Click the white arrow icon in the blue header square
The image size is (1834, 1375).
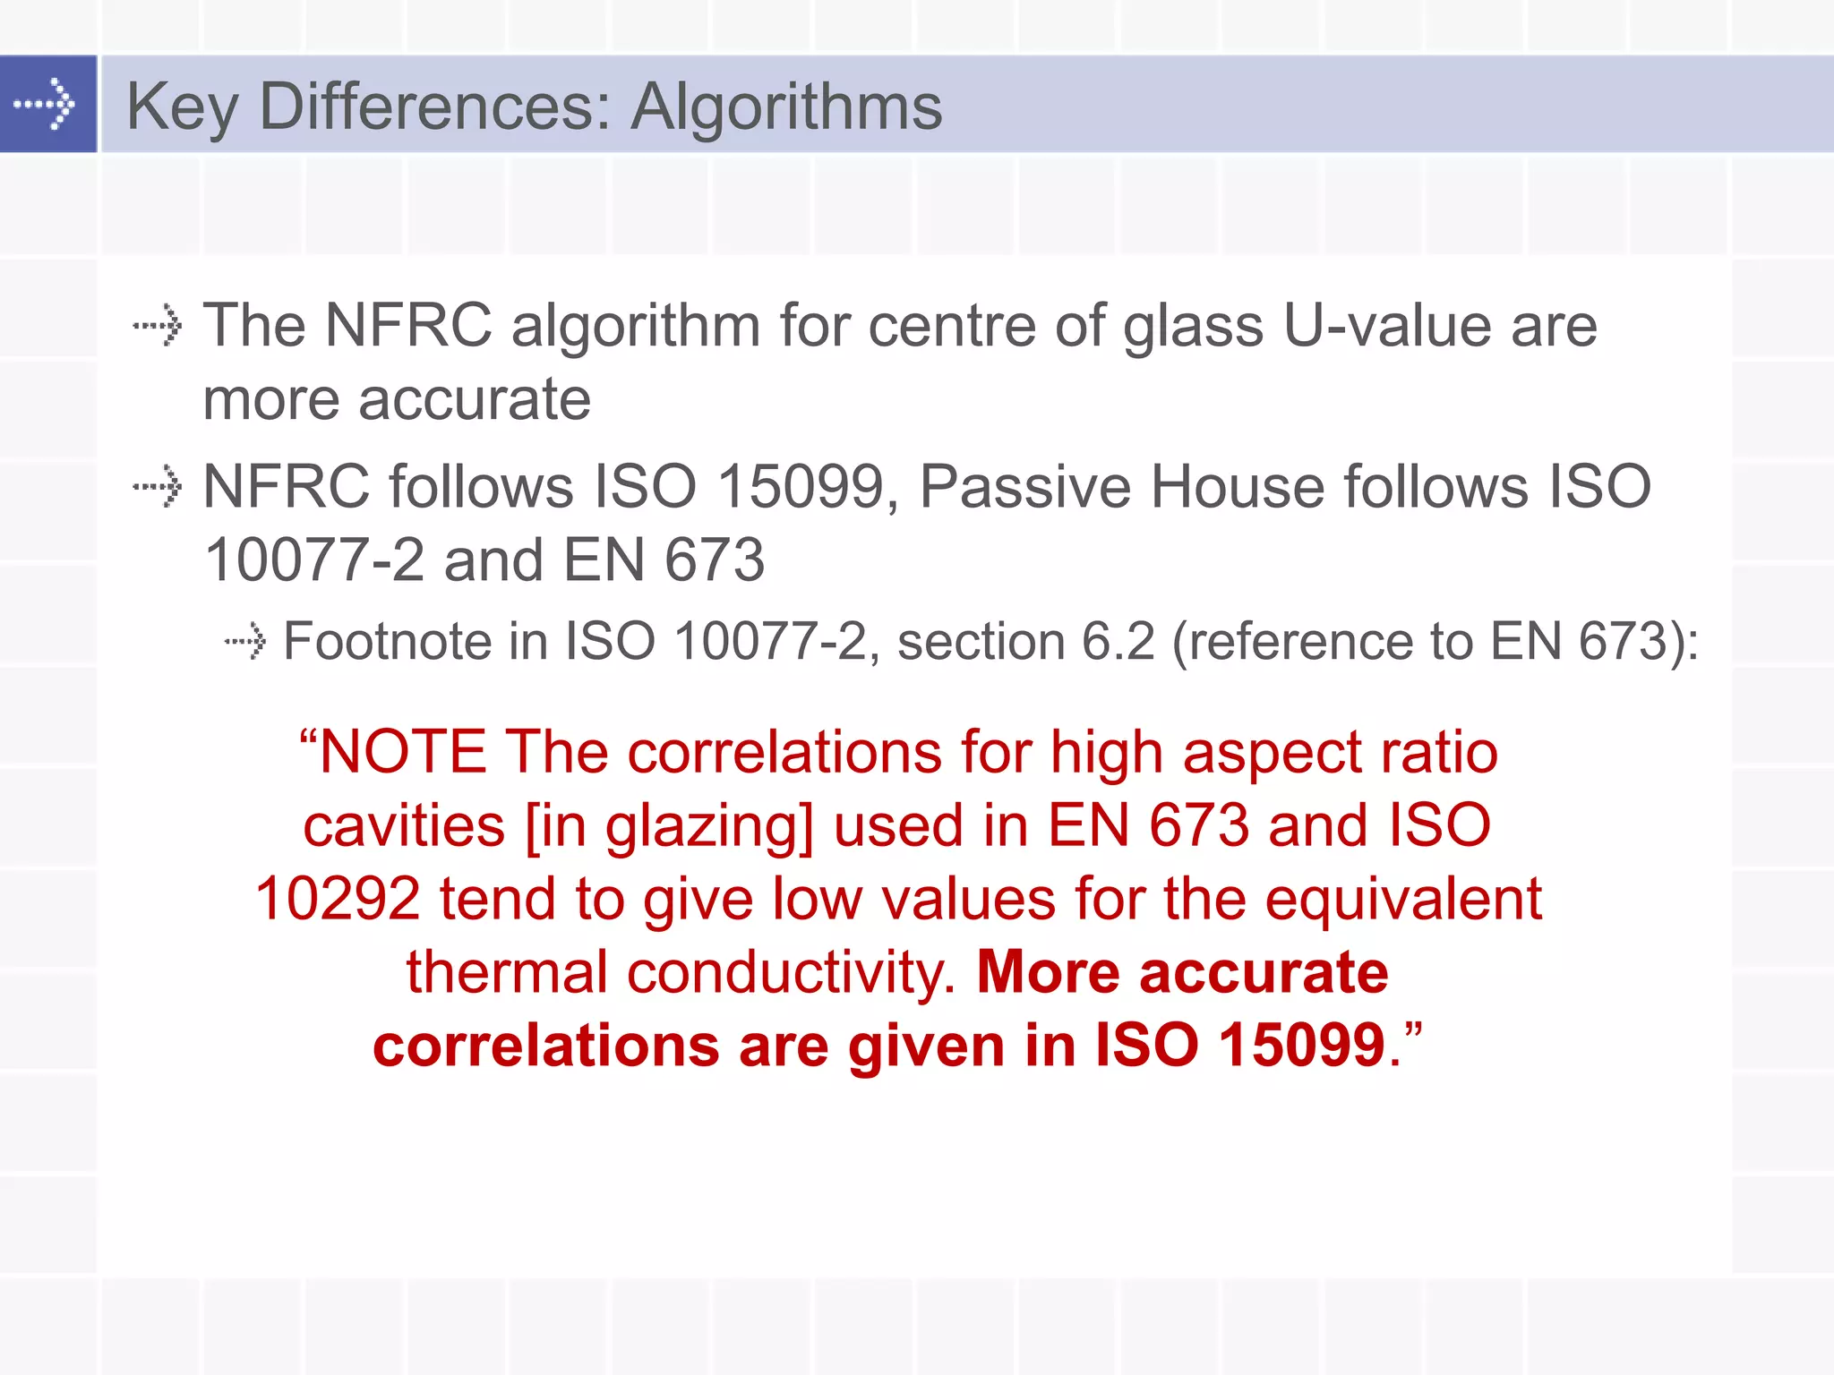[x=45, y=104]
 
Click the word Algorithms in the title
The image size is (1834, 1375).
[x=786, y=107]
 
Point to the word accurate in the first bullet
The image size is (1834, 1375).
[x=474, y=399]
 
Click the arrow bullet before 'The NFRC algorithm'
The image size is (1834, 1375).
[x=158, y=326]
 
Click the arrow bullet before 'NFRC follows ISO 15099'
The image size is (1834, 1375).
[x=158, y=487]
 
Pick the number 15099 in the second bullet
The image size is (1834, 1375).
[x=801, y=488]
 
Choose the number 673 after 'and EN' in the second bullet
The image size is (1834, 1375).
[x=714, y=561]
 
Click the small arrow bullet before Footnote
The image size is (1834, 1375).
[x=245, y=641]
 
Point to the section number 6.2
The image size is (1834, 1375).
[x=1118, y=642]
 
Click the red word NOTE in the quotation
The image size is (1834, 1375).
[x=403, y=752]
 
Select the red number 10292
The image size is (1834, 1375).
[x=338, y=899]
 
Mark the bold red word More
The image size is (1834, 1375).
[x=1048, y=973]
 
